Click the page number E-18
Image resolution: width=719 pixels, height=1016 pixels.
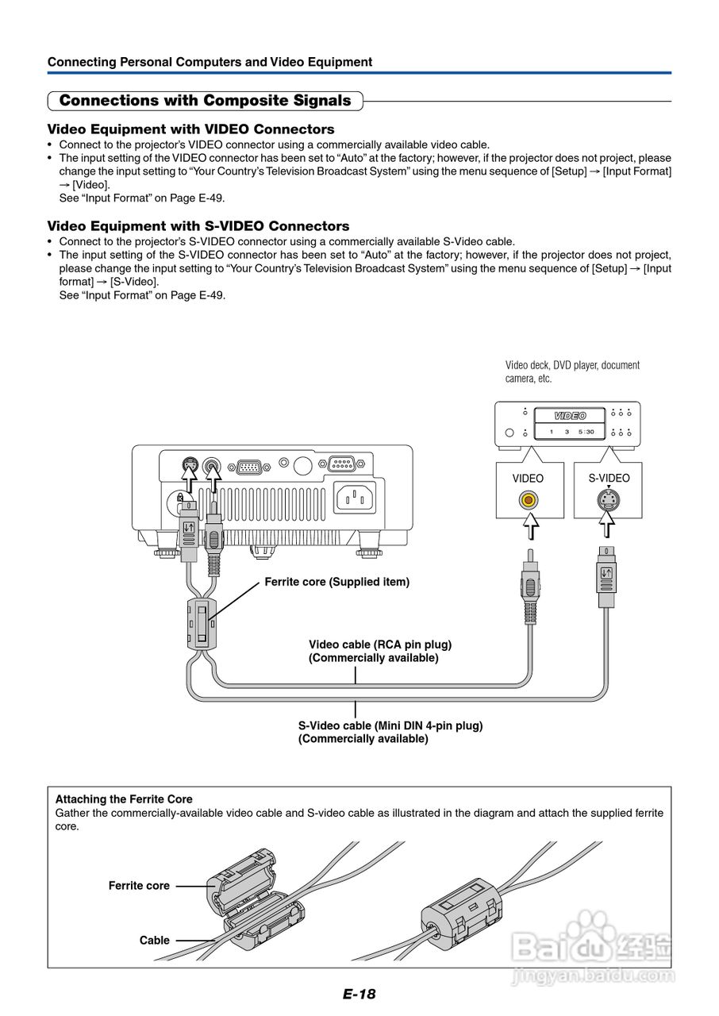(x=359, y=994)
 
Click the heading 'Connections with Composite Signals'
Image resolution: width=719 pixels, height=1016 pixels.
(x=205, y=101)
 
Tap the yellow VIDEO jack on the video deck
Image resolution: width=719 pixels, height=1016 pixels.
(x=529, y=500)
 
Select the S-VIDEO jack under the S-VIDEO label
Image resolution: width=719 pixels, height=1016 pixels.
(x=608, y=500)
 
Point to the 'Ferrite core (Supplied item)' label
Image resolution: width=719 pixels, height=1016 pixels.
(x=336, y=582)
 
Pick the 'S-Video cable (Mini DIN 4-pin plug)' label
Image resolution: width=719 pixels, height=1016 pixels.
(x=390, y=725)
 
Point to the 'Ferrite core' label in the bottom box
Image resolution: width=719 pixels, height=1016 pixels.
(x=139, y=886)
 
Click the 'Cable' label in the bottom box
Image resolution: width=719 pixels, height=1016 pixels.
(x=154, y=941)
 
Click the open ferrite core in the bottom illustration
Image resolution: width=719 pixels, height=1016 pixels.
(x=251, y=897)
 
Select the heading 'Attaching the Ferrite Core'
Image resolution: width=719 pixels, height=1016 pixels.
(x=124, y=799)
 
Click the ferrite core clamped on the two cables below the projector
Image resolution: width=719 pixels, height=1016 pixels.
(x=202, y=623)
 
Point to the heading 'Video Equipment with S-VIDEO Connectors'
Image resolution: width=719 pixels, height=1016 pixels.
(x=198, y=226)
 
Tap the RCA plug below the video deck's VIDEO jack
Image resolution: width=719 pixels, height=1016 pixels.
(x=529, y=589)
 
